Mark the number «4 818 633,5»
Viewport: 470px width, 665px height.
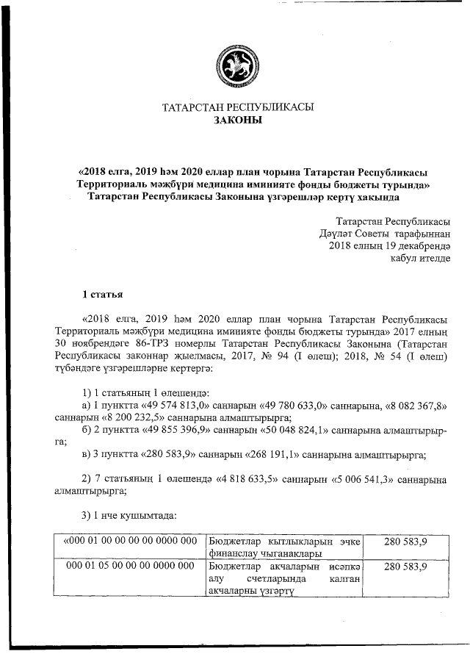(x=256, y=480)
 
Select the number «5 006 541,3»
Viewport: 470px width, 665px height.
(x=368, y=480)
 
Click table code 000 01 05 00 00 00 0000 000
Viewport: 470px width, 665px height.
(x=129, y=567)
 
